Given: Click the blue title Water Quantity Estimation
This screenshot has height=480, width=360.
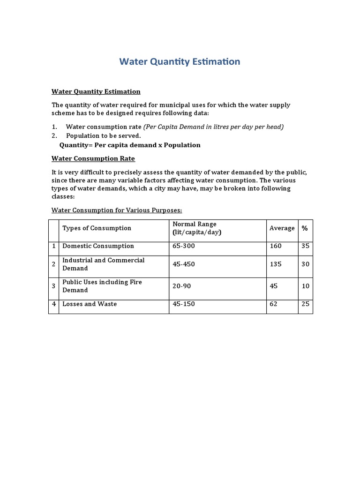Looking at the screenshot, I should [180, 62].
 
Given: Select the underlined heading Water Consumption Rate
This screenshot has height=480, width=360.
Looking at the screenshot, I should [93, 158].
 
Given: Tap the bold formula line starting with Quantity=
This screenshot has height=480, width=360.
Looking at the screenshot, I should [130, 145].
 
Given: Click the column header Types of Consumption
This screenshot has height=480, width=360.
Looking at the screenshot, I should [97, 228].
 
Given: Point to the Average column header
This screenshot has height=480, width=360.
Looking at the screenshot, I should [282, 228].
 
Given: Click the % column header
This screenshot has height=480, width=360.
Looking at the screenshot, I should [305, 228].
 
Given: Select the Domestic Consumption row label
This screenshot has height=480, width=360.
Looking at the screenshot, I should [98, 246].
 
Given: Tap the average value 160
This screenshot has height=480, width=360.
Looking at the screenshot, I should [276, 246].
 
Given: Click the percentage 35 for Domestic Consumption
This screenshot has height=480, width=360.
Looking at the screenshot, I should [305, 246].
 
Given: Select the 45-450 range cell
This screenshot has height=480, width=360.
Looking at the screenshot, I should [183, 264].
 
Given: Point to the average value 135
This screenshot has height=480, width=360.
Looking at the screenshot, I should [276, 264].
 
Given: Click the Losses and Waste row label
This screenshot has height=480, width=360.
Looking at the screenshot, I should [90, 304].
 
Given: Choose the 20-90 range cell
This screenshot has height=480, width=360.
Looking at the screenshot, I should [182, 286].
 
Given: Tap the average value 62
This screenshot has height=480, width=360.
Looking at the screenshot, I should [273, 304].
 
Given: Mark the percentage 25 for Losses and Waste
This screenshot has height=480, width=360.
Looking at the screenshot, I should [305, 304].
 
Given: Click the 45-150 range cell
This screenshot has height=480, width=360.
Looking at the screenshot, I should [183, 304].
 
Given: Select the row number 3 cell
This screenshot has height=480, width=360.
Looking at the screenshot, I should [54, 286].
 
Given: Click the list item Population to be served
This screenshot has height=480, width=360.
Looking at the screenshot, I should [103, 136].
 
